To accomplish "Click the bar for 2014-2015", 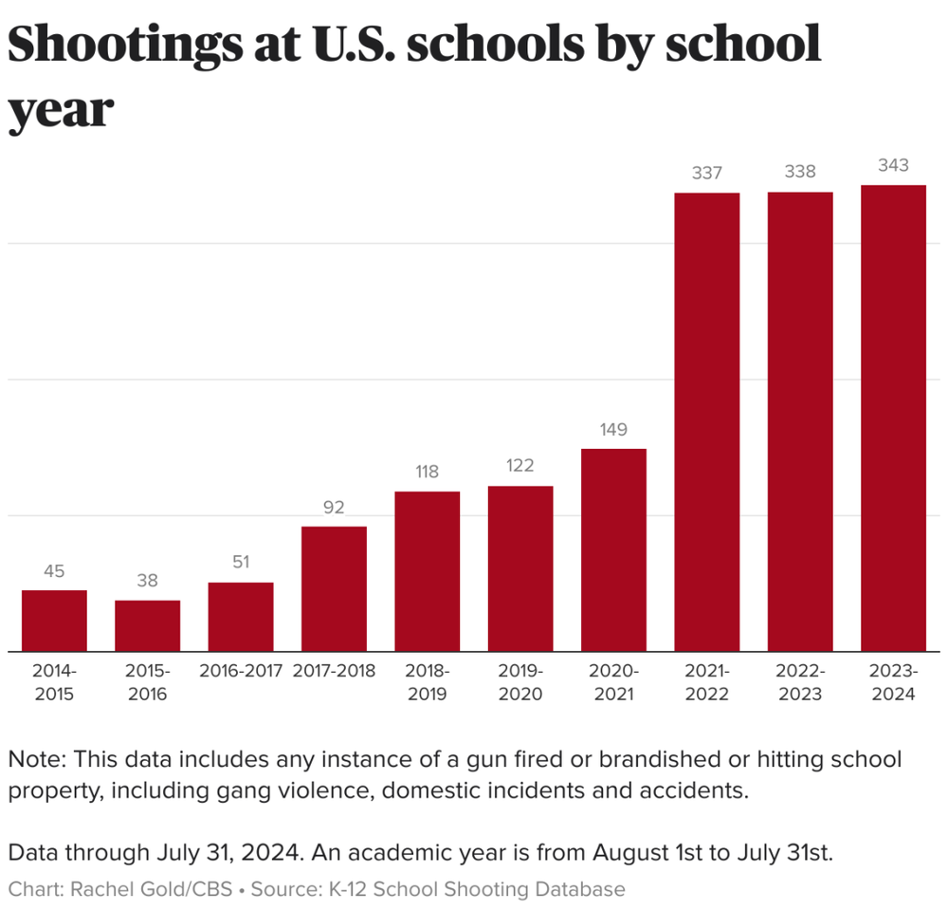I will tap(54, 621).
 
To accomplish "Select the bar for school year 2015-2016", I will tap(147, 625).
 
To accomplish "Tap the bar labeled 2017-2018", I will tap(334, 588).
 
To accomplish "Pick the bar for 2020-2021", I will tap(613, 549).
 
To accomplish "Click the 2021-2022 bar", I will tap(706, 422).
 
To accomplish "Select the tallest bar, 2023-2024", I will tap(893, 418).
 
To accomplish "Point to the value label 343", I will tap(893, 165).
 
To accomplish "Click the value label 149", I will tap(613, 429).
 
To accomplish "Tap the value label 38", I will tap(147, 581).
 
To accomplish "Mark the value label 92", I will tap(334, 508).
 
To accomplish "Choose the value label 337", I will tap(706, 173).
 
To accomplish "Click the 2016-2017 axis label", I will tap(241, 671).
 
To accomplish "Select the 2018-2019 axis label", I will tap(427, 682).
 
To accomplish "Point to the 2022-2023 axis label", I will tap(799, 682).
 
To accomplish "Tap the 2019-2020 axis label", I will tap(520, 682).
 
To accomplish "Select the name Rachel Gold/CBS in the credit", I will tap(151, 889).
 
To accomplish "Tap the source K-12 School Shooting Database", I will tap(477, 889).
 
